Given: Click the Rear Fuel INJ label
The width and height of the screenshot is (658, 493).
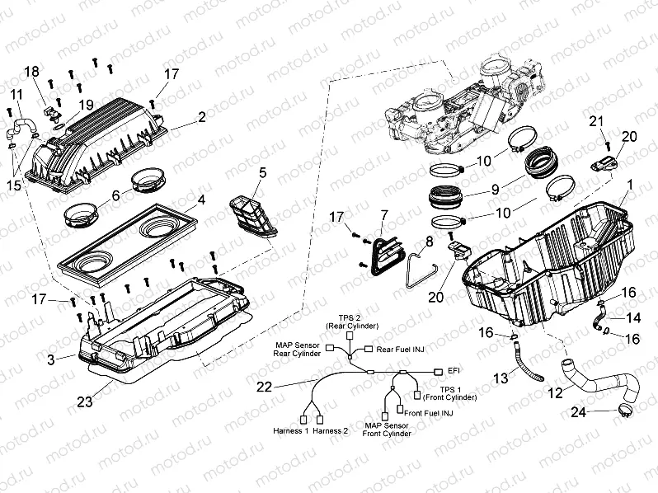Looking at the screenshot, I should tap(400, 349).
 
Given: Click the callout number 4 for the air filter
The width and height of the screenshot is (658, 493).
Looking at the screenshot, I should tap(201, 199).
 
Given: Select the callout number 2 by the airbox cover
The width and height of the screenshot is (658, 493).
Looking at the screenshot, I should tap(201, 119).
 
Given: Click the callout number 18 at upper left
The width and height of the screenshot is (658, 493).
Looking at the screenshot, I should tap(31, 72).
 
